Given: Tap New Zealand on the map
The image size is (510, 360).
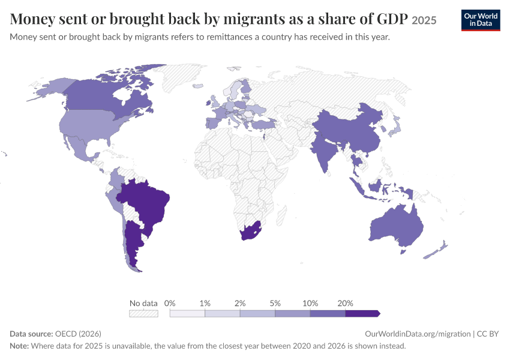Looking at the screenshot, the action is point(436,250).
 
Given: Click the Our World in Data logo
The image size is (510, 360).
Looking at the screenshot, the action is point(481,20).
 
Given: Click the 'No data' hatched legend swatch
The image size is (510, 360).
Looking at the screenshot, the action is point(143,313).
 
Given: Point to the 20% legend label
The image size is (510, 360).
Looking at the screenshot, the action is point(345,304).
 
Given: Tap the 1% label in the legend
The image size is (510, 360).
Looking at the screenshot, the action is point(205,304).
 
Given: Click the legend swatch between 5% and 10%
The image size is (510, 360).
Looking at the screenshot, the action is point(292,313).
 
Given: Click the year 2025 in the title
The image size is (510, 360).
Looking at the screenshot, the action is point(424,20).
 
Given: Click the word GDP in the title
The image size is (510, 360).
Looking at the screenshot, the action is point(392,19).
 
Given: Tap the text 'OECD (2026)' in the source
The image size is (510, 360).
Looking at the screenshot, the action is point(78,334).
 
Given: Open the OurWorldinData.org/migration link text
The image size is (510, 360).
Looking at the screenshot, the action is point(418,334).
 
